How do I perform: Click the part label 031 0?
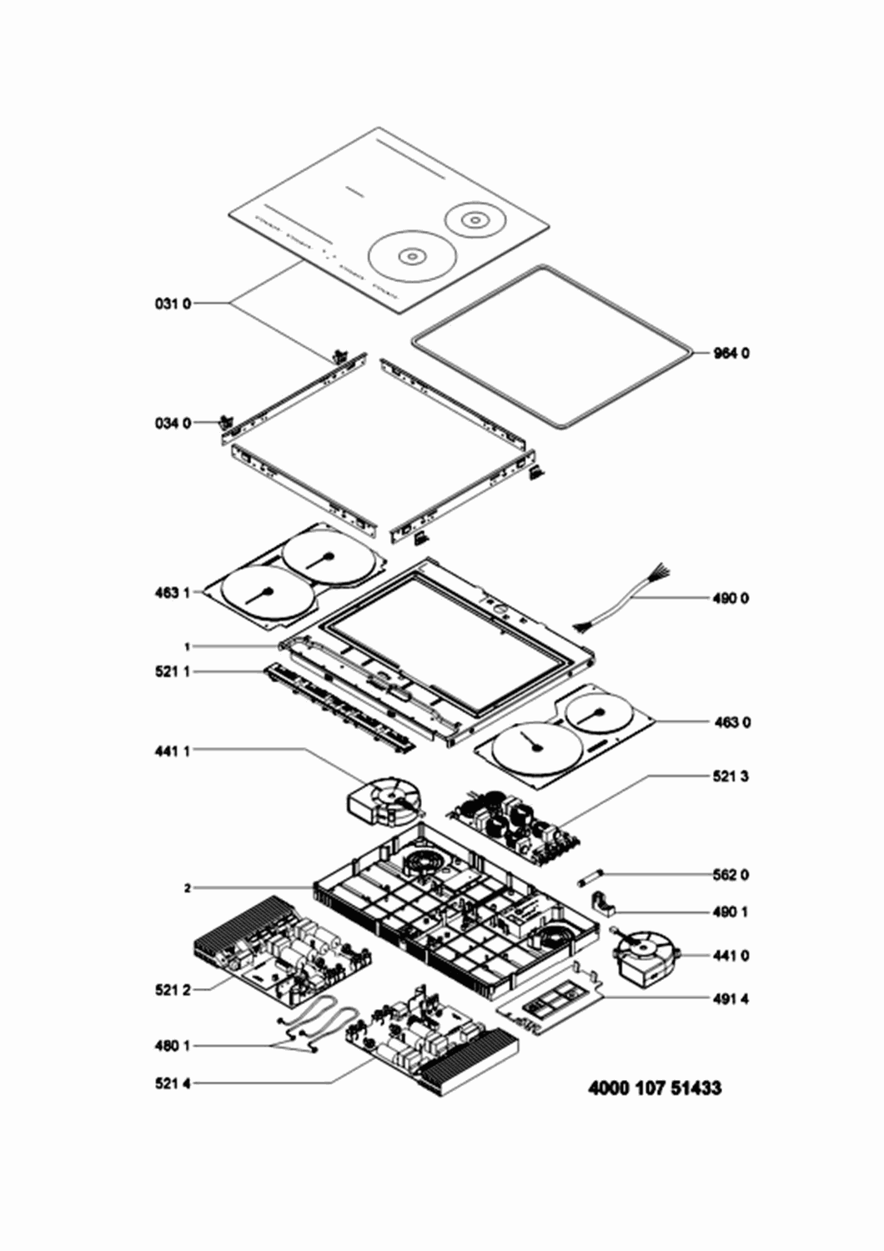[x=173, y=304]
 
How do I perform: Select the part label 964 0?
[x=731, y=353]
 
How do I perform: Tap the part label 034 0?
[x=173, y=424]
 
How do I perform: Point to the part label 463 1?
[x=173, y=592]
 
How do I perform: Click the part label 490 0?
[x=731, y=599]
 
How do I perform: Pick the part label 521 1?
[x=173, y=672]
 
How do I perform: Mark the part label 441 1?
[x=173, y=751]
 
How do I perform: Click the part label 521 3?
[x=731, y=776]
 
